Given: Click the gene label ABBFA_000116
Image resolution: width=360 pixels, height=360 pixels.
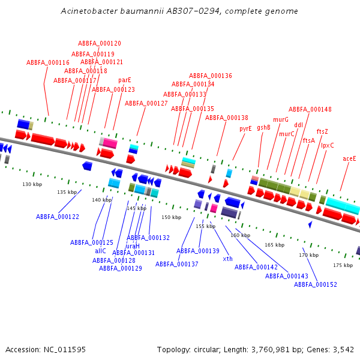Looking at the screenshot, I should (x=48, y=62).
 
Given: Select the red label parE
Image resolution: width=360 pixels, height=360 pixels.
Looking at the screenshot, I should (x=124, y=80).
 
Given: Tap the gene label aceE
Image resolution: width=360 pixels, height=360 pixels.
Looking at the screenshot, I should (x=349, y=158).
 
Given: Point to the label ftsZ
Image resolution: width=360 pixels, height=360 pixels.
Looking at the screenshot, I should (x=322, y=131).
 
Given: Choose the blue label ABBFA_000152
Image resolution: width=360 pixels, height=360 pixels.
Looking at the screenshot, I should (x=316, y=284).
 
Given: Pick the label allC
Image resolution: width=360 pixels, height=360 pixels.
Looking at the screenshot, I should (x=100, y=251).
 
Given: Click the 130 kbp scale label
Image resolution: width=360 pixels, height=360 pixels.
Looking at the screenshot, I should (x=32, y=184).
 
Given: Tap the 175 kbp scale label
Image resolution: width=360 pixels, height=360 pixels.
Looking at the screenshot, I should (x=343, y=265).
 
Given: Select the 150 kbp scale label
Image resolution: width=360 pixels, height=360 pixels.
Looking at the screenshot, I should (x=171, y=217).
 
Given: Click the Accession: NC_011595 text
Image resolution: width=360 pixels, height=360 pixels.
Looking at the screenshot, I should (x=46, y=349).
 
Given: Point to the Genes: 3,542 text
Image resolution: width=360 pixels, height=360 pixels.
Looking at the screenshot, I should (x=332, y=349).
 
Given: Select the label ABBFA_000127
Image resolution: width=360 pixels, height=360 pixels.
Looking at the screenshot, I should (x=146, y=103).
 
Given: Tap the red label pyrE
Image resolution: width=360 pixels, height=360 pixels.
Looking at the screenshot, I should (x=245, y=128).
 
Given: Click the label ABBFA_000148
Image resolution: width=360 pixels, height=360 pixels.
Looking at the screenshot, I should (x=310, y=109).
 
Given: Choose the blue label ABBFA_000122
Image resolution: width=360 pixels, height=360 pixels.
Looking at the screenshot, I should (x=58, y=217).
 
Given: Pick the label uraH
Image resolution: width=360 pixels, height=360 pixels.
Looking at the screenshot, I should (x=133, y=246).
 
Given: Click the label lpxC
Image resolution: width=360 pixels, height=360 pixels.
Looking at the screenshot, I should (x=328, y=145).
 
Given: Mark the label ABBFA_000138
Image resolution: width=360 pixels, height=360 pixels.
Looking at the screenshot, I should (x=227, y=118).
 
